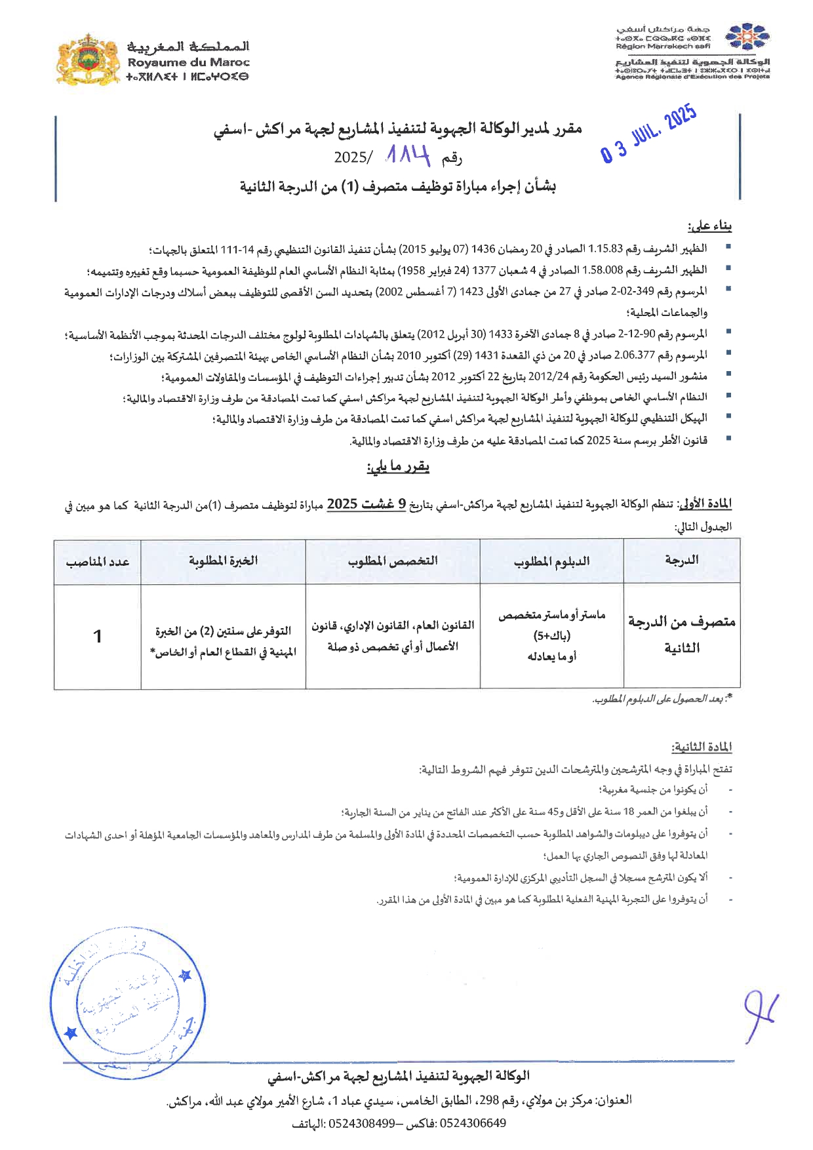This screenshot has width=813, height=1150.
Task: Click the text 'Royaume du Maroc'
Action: (x=188, y=62)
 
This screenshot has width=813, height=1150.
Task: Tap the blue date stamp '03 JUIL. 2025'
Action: (x=648, y=135)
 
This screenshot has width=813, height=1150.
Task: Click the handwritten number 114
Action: (x=408, y=155)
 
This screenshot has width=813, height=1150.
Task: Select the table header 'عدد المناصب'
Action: (x=98, y=562)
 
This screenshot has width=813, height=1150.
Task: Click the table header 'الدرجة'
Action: (x=681, y=560)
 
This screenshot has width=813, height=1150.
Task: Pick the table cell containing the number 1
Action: (x=98, y=636)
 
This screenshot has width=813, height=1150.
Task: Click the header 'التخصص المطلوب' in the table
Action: (x=393, y=561)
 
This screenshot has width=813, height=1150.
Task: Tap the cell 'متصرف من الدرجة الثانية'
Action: (x=682, y=634)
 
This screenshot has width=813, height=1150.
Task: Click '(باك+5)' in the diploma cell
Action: (x=551, y=635)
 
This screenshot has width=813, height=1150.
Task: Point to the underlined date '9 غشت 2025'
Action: (x=366, y=504)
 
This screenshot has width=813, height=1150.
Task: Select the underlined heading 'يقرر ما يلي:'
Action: (x=398, y=467)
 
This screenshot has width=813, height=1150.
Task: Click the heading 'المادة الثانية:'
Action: (x=701, y=747)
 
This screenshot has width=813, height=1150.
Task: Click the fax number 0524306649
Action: (x=473, y=1123)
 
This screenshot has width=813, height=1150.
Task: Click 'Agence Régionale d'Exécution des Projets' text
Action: (x=692, y=77)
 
